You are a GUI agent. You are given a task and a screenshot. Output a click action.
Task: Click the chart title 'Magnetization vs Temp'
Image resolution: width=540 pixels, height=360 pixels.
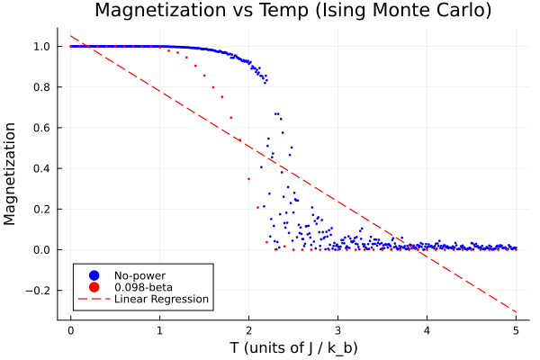click(292, 12)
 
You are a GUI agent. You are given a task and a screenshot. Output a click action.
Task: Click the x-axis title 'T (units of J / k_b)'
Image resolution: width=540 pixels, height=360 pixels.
click(292, 347)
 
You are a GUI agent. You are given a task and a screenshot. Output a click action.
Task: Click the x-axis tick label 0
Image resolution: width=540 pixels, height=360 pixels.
click(70, 329)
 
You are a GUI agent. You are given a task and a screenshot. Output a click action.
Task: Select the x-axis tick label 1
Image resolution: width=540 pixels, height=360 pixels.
click(159, 329)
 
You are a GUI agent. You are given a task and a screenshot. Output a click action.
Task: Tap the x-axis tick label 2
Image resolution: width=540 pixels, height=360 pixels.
click(248, 329)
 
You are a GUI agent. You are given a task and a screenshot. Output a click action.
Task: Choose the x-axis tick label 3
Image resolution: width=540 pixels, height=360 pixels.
click(337, 329)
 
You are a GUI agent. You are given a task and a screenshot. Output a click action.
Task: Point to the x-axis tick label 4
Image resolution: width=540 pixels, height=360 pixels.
click(427, 329)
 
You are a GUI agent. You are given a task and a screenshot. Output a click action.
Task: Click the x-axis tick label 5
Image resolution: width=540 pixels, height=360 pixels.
click(516, 329)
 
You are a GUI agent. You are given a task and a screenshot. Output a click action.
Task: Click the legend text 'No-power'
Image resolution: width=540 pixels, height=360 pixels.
click(139, 274)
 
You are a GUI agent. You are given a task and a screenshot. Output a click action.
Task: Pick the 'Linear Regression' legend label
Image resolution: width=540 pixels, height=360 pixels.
click(161, 299)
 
